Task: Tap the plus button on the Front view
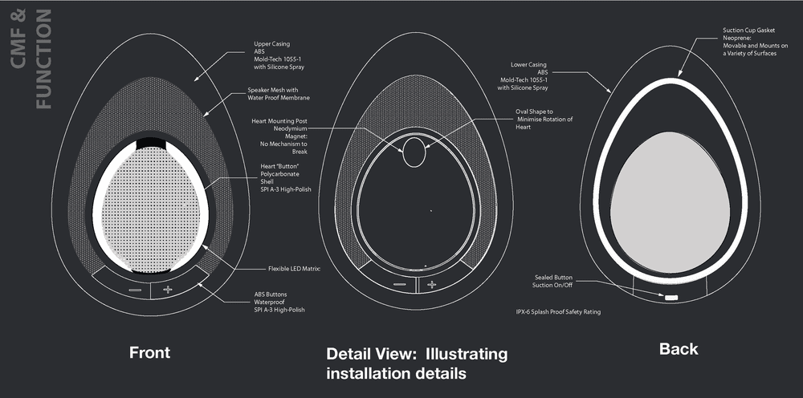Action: coord(167,288)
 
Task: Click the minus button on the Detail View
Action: coord(400,285)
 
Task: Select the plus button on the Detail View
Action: coord(431,285)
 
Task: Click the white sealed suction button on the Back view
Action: coord(670,298)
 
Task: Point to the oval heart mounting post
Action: coord(415,150)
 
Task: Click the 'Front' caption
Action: coord(150,351)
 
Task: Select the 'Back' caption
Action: coord(679,349)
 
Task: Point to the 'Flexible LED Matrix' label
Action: coord(294,268)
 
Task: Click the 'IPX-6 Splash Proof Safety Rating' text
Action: coord(557,311)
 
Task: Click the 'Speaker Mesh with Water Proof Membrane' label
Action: coord(278,94)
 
